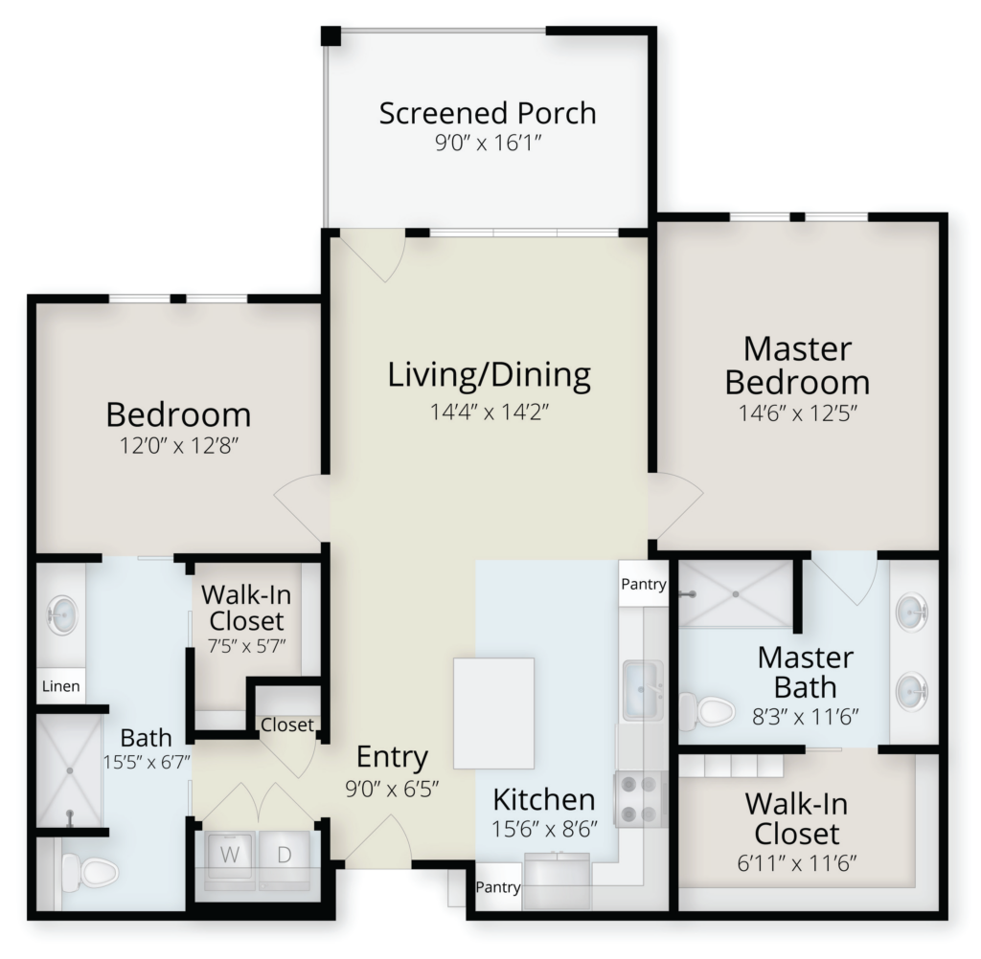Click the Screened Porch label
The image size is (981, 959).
pyautogui.click(x=488, y=113)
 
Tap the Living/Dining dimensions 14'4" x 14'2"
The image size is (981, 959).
pyautogui.click(x=489, y=412)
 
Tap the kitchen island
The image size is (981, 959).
pyautogui.click(x=493, y=713)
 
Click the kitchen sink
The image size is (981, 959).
pyautogui.click(x=643, y=690)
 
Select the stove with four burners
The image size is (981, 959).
pyautogui.click(x=639, y=798)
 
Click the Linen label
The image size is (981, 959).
pyautogui.click(x=60, y=686)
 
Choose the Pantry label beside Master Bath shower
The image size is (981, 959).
pyautogui.click(x=643, y=585)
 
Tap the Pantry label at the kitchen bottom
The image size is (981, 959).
pyautogui.click(x=498, y=887)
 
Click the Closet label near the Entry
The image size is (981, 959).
pyautogui.click(x=287, y=725)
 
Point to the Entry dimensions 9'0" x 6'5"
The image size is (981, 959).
pyautogui.click(x=392, y=790)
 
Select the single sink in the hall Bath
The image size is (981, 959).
pyautogui.click(x=62, y=614)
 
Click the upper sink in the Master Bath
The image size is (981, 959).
pyautogui.click(x=912, y=611)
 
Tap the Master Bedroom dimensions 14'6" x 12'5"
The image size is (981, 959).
pyautogui.click(x=797, y=413)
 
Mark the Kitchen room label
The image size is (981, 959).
pyautogui.click(x=544, y=799)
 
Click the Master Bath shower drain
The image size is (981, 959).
pyautogui.click(x=736, y=593)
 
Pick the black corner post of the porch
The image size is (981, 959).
pyautogui.click(x=331, y=35)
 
